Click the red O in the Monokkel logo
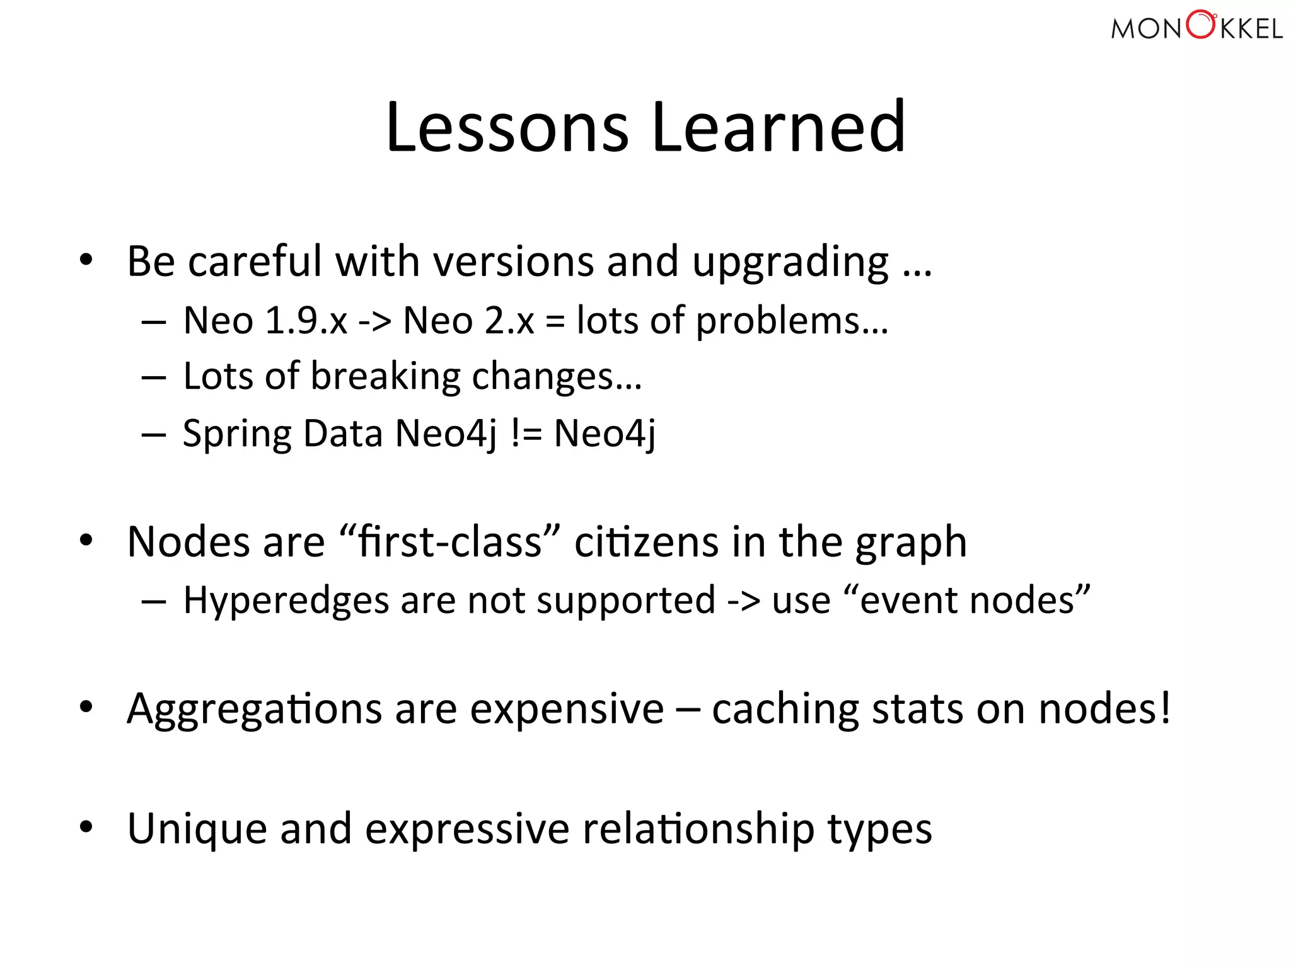click(x=1201, y=26)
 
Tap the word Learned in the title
click(x=779, y=127)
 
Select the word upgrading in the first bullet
click(x=790, y=263)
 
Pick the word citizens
click(x=646, y=542)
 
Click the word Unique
click(x=197, y=829)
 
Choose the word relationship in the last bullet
click(x=698, y=829)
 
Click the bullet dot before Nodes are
click(x=86, y=540)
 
